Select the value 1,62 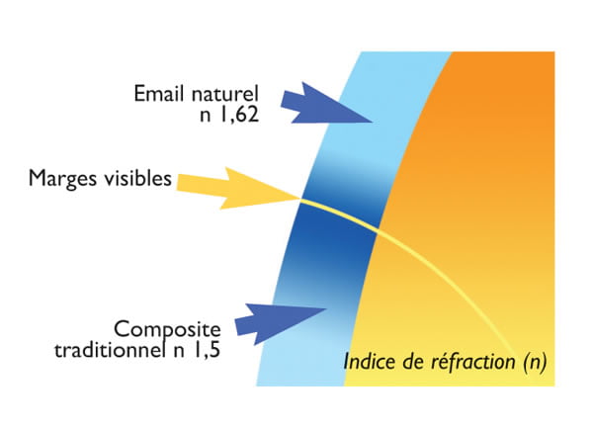pyautogui.click(x=242, y=117)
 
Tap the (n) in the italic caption pyautogui.click(x=531, y=361)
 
